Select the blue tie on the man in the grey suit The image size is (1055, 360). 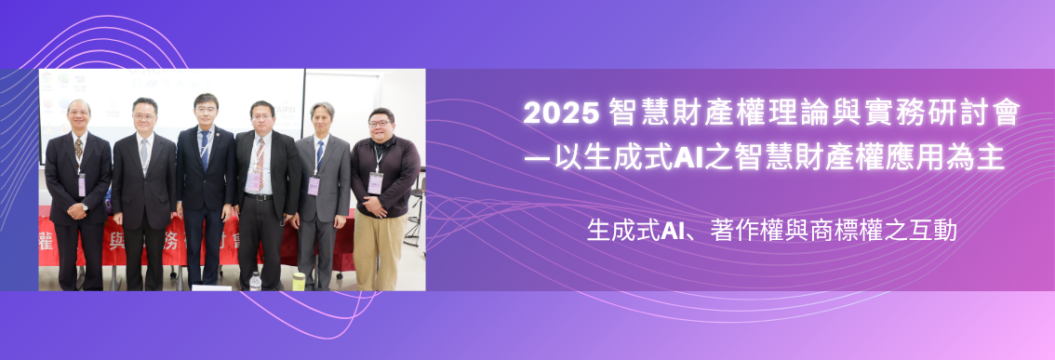coord(319,155)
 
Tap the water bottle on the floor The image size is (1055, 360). coord(255,280)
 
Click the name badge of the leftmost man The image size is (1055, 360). coord(82,184)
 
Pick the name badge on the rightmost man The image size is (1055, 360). coord(375,181)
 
